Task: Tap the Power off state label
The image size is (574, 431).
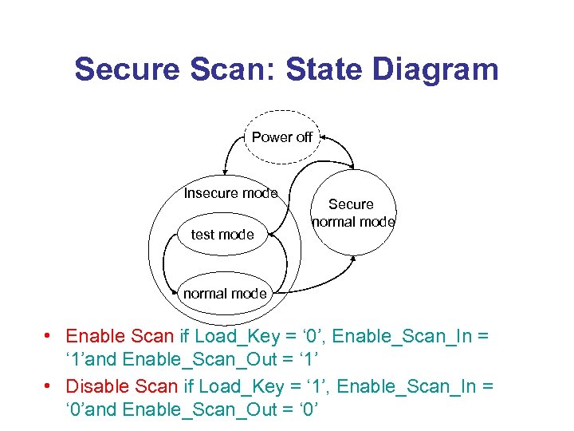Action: pyautogui.click(x=282, y=136)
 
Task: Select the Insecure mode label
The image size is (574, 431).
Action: pyautogui.click(x=230, y=193)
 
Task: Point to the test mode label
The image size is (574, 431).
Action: pyautogui.click(x=222, y=235)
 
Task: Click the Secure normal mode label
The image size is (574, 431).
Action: pyautogui.click(x=352, y=213)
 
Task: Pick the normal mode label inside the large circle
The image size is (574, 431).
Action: pyautogui.click(x=225, y=294)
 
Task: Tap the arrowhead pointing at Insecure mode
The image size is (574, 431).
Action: pyautogui.click(x=226, y=172)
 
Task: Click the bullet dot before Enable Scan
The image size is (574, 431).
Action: pyautogui.click(x=49, y=336)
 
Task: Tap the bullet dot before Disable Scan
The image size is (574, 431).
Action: pyautogui.click(x=49, y=386)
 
